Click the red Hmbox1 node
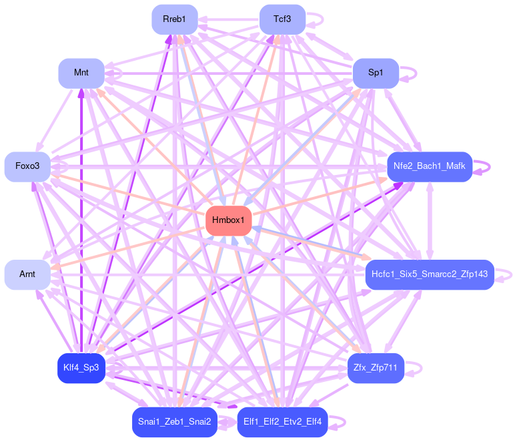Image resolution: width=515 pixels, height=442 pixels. tap(228, 220)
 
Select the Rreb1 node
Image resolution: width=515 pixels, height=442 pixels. tap(175, 19)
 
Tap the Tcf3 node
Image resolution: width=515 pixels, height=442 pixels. tap(282, 19)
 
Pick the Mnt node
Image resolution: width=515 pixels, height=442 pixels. tap(81, 73)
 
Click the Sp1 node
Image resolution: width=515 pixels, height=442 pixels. tap(376, 73)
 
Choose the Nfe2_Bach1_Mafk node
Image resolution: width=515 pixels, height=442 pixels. tap(430, 166)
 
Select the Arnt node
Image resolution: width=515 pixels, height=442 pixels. tap(27, 274)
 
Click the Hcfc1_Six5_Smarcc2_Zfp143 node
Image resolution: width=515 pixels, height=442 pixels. tap(430, 274)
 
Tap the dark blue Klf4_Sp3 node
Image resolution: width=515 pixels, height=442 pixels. tap(81, 368)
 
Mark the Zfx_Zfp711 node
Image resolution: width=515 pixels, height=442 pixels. tap(376, 368)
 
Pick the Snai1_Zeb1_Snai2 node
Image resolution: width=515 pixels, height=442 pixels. tap(175, 421)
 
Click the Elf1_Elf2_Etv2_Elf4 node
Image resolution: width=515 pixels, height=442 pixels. tap(282, 421)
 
